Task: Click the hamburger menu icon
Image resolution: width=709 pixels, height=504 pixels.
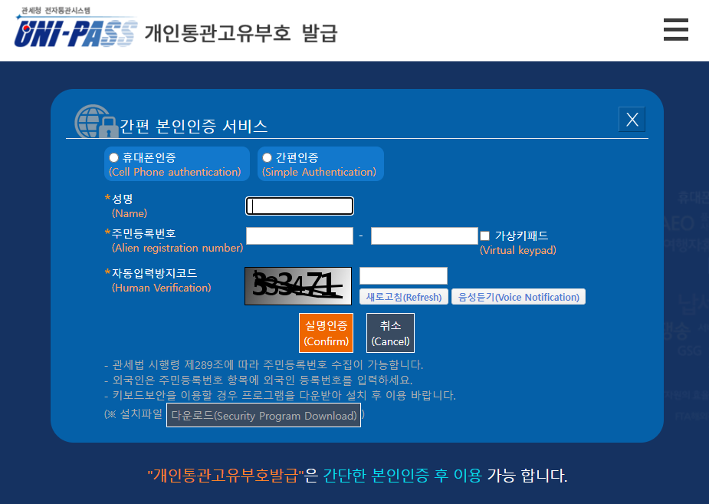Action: coord(675,30)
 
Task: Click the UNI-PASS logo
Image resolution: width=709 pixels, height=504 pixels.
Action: coord(75,31)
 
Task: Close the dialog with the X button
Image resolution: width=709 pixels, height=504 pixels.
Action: coord(632,119)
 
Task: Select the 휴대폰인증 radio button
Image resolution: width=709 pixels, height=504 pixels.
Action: coord(114,157)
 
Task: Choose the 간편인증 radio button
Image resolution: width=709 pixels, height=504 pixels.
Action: coord(268,157)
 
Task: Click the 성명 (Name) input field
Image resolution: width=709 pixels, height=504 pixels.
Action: coord(300,206)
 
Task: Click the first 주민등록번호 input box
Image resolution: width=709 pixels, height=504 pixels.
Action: coord(299,236)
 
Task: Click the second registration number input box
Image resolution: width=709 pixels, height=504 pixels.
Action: coord(424,236)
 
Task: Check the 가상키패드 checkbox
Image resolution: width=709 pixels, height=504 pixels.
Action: coord(484,236)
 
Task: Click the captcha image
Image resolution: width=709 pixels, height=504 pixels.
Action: coord(298,286)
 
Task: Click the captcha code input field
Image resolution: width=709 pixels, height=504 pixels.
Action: coord(403,275)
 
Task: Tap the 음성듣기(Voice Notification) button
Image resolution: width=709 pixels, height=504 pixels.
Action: coord(518,297)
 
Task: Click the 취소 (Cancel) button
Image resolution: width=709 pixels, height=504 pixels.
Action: coord(390,333)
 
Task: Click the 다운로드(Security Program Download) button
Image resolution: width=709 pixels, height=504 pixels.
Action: coord(264,415)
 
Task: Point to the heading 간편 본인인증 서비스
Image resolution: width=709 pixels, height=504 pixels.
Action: coord(193,127)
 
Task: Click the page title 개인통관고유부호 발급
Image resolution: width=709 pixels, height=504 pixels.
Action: coord(241,33)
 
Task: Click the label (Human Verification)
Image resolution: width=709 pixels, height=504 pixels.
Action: coord(161,288)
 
